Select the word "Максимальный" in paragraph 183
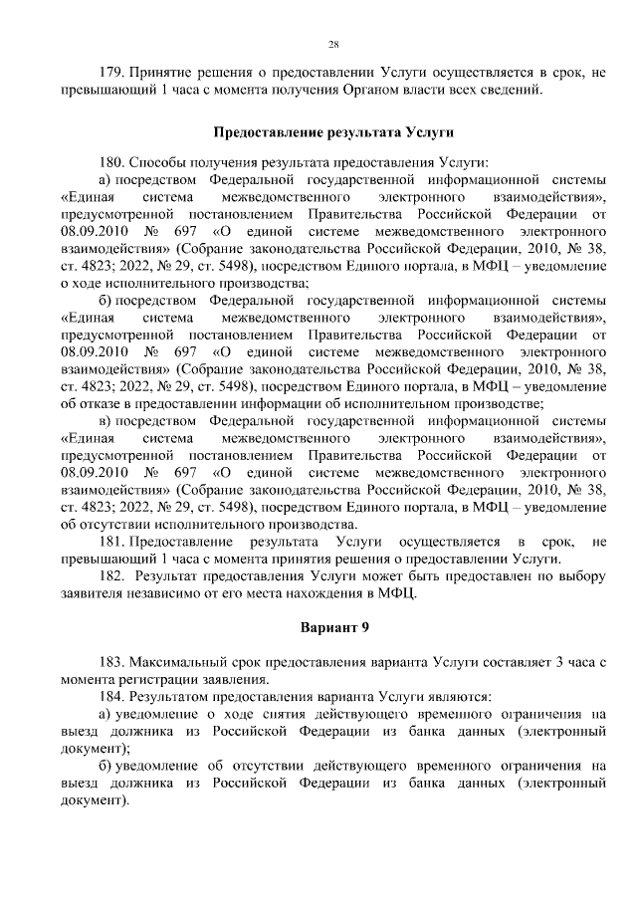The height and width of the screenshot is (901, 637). click(176, 662)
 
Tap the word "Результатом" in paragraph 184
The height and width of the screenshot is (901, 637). click(170, 696)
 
